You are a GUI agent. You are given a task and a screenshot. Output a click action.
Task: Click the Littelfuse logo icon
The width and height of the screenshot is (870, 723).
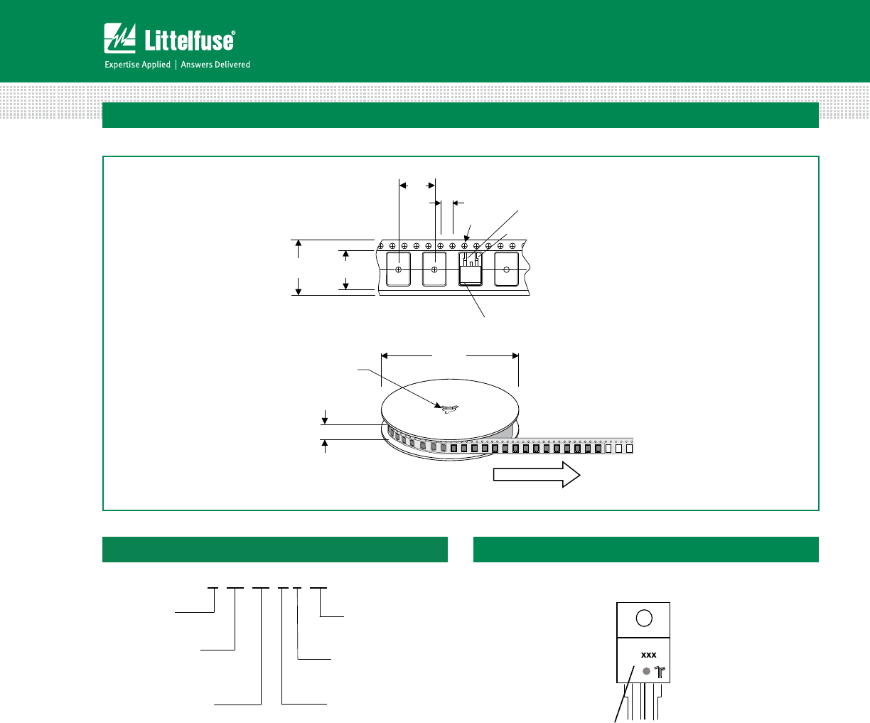[119, 38]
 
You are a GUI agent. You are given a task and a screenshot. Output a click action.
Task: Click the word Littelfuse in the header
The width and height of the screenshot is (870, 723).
[189, 41]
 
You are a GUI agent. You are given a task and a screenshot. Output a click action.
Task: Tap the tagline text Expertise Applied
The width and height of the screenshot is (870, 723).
[137, 65]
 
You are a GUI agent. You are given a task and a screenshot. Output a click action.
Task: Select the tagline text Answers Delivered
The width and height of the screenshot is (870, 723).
[215, 65]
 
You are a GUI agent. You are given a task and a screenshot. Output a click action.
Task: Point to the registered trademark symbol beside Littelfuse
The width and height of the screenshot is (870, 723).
[233, 33]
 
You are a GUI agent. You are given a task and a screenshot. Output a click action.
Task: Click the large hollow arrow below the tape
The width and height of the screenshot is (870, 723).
[537, 474]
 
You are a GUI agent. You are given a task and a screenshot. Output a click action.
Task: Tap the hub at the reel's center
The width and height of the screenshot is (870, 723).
[450, 408]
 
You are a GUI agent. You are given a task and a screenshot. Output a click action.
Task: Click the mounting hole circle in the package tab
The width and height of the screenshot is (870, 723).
[644, 618]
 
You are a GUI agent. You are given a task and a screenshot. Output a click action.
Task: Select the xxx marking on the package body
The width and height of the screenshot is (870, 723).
[648, 655]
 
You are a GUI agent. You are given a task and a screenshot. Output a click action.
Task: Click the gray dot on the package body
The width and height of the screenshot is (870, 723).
[646, 671]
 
